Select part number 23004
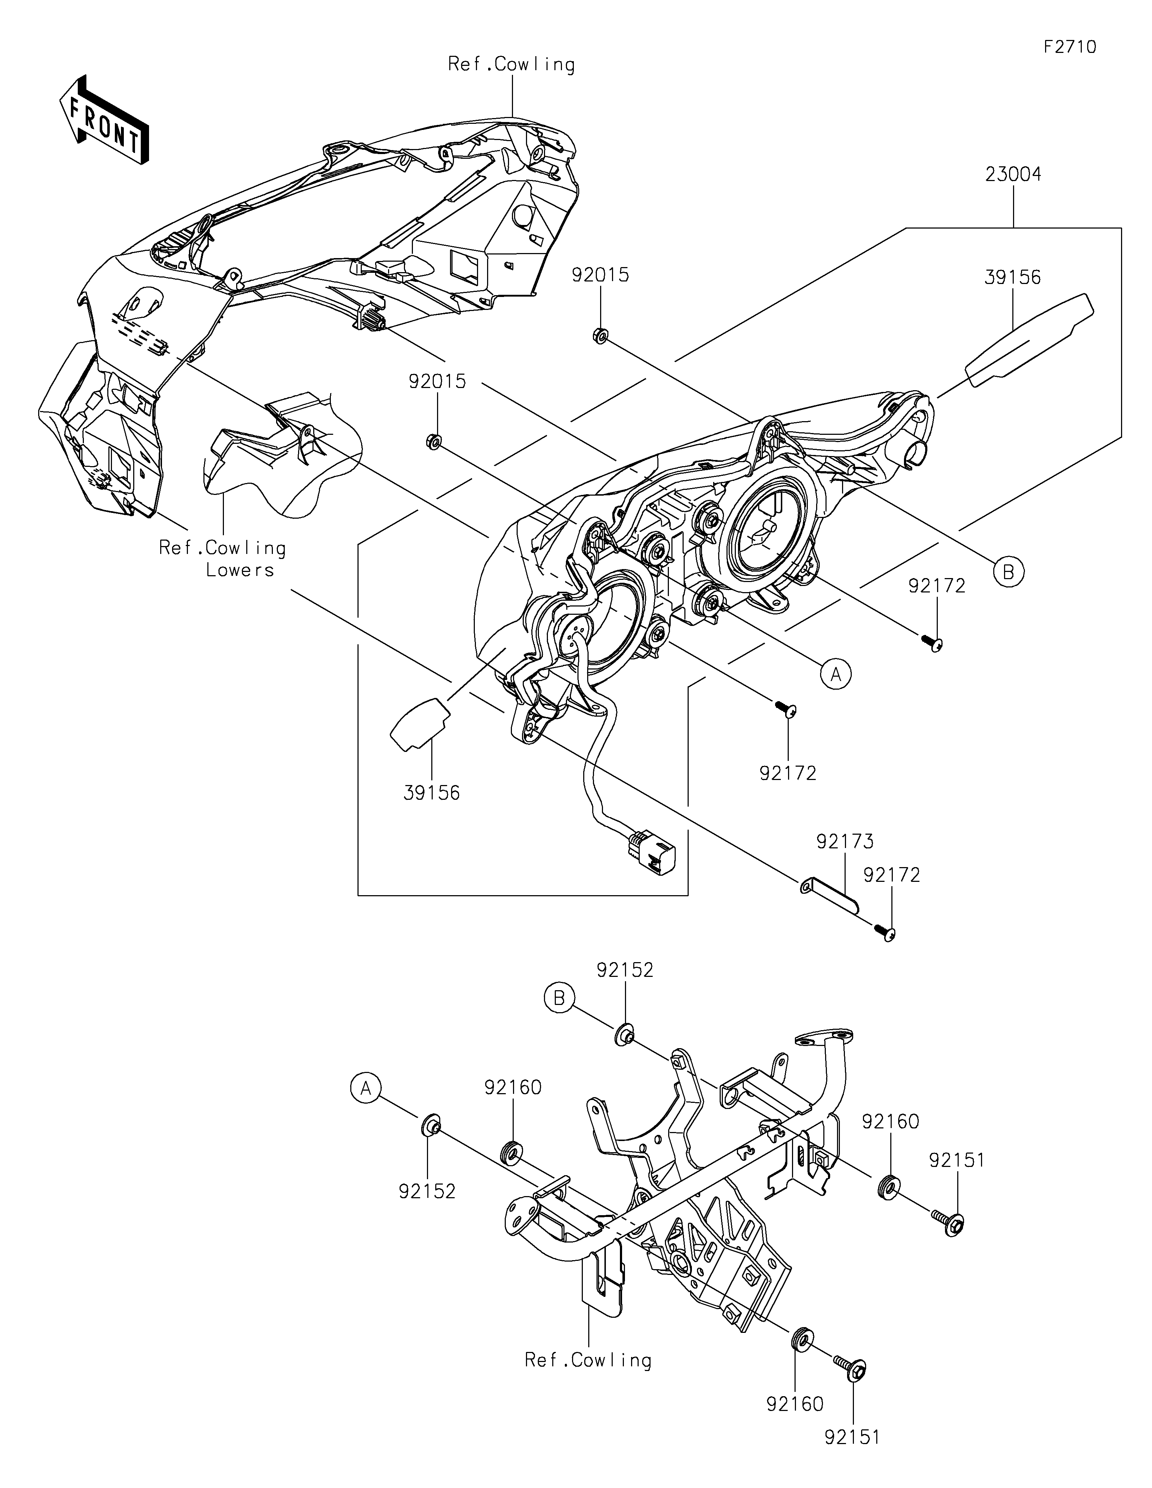[1013, 175]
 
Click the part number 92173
[845, 842]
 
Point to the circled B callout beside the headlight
[1009, 572]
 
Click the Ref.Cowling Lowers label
[223, 559]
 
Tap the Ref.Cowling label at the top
[511, 64]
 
